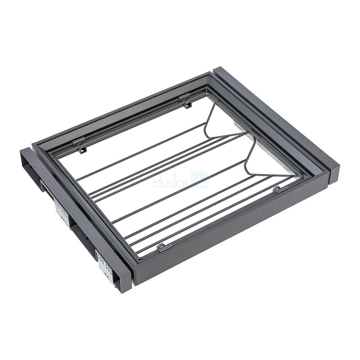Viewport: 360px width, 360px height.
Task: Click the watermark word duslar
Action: [x=171, y=183]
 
